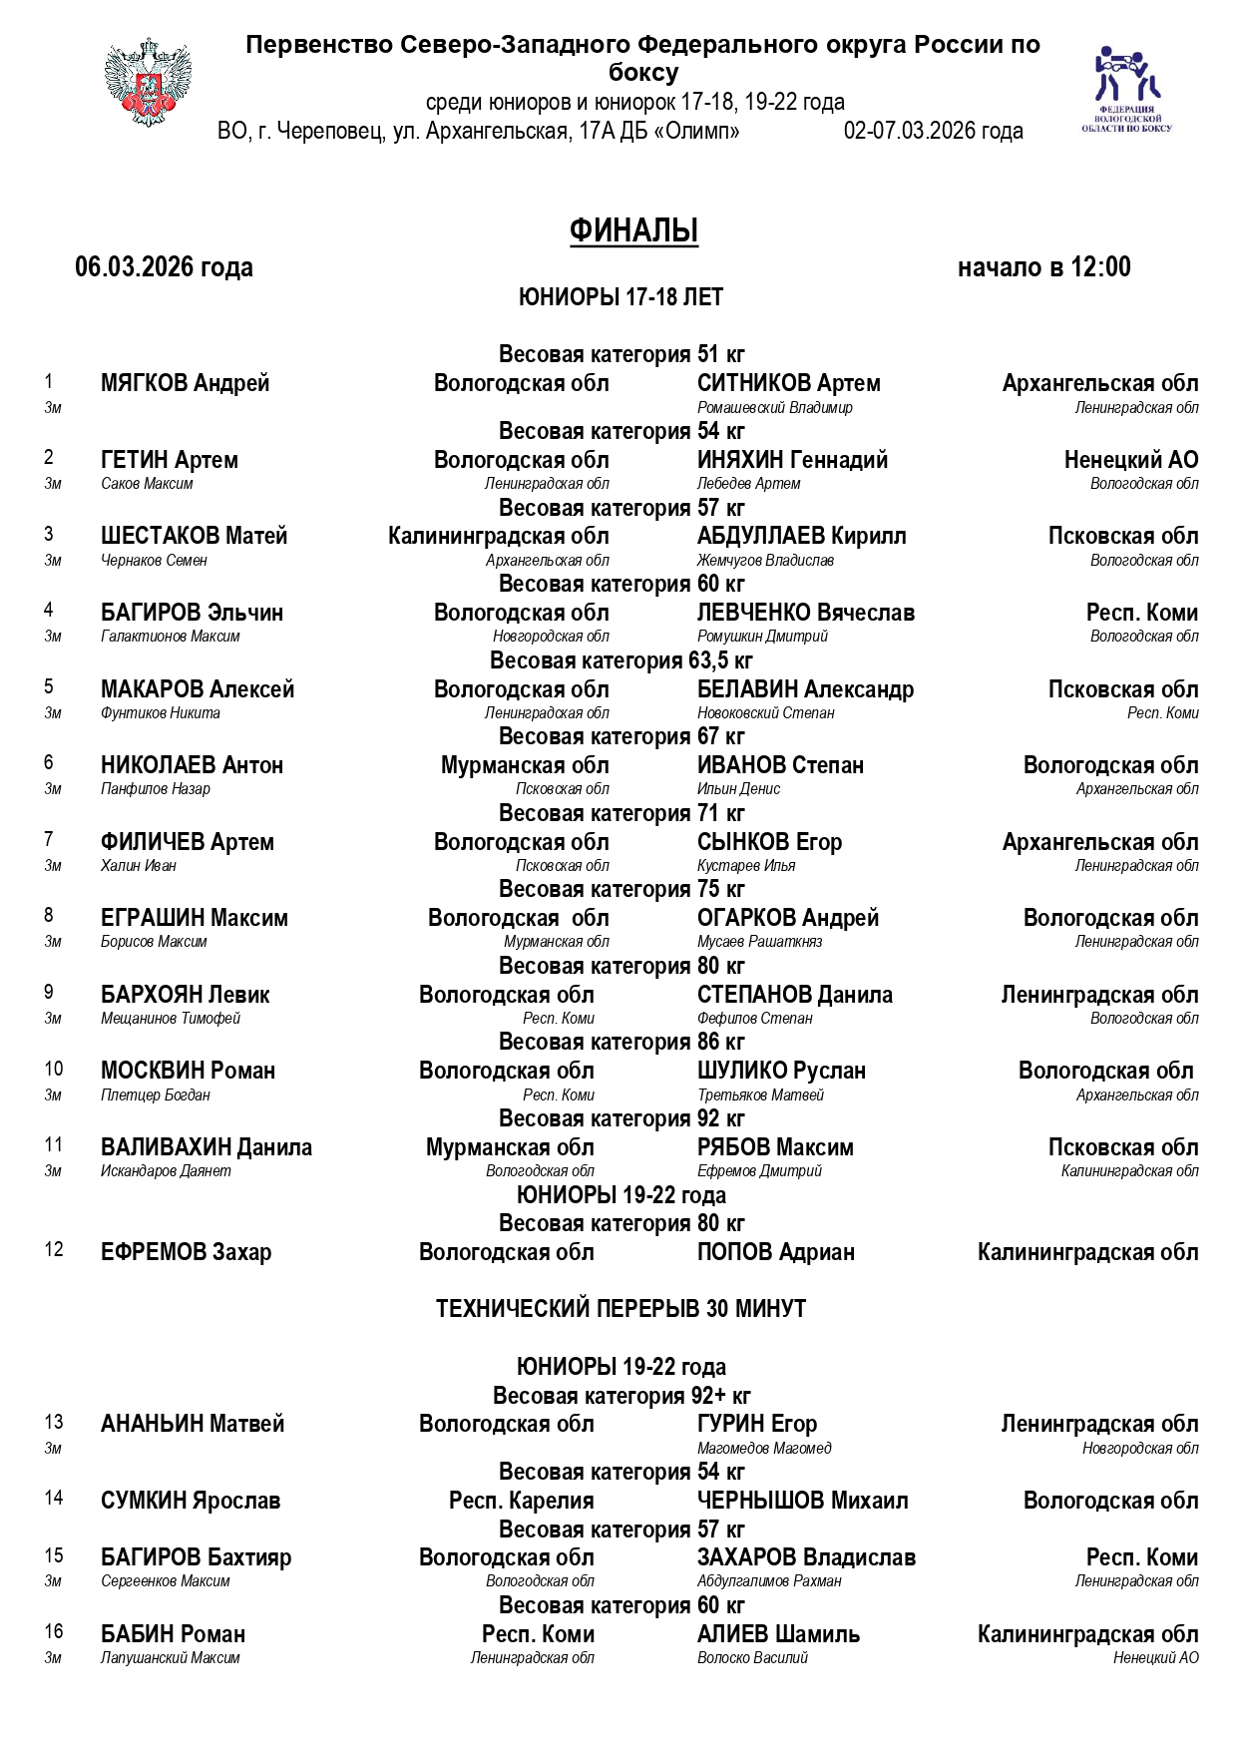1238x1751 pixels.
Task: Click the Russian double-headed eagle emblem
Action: (x=148, y=83)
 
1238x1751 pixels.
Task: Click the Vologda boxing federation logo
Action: (x=1126, y=88)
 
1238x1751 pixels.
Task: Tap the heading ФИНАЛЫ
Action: (x=633, y=230)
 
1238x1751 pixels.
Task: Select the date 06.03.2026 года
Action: (x=164, y=267)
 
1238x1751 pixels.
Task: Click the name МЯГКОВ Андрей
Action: (x=185, y=383)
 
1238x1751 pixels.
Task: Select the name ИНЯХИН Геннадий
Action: (x=792, y=460)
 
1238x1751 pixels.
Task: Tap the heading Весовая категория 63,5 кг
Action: (x=620, y=660)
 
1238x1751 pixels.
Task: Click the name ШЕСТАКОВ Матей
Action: (x=194, y=536)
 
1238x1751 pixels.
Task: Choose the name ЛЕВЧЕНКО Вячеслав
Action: (x=805, y=613)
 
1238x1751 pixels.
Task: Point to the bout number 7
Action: (x=49, y=839)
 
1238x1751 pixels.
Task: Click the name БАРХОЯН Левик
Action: (x=185, y=995)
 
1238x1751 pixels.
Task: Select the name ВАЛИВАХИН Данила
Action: (x=206, y=1147)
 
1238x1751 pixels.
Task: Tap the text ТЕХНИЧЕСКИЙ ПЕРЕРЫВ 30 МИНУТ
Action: (x=620, y=1308)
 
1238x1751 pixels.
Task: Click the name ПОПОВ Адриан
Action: (x=775, y=1252)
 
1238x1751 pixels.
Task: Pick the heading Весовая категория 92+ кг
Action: (x=620, y=1396)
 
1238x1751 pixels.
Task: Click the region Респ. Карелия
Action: (x=521, y=1501)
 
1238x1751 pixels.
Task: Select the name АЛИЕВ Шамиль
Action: (x=778, y=1634)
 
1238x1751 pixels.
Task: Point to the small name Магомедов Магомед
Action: (x=763, y=1449)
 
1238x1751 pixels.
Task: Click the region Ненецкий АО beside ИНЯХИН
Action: (x=1130, y=460)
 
